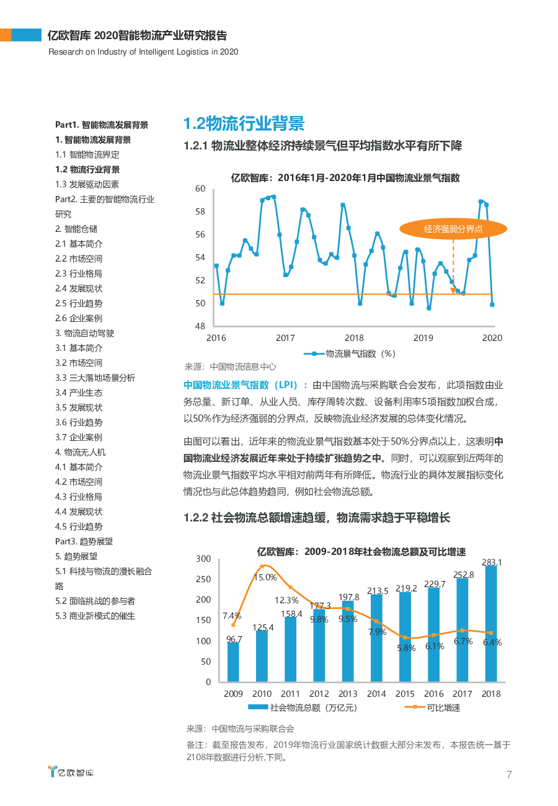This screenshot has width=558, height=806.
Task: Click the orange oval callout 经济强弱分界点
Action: coord(453,229)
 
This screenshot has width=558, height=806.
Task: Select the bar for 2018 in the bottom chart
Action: coord(491,624)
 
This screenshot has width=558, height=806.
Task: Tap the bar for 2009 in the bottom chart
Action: coord(233,662)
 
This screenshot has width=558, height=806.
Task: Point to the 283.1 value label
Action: coord(492,562)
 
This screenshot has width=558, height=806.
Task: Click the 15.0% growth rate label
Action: coord(265,577)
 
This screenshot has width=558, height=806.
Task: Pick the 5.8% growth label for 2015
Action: coord(406,648)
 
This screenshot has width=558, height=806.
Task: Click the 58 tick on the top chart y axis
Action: coord(200,211)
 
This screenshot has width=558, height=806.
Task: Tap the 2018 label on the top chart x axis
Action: coord(354,338)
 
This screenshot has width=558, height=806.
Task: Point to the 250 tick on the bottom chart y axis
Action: coord(203,579)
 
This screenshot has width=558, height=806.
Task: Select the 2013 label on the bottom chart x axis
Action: coord(348,693)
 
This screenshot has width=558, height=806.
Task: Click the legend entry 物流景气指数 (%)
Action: coord(350,353)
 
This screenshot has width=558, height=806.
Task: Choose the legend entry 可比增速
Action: coord(432,708)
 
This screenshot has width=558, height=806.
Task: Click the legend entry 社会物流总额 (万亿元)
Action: coord(303,708)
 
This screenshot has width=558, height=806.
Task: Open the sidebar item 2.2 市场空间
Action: coord(79,259)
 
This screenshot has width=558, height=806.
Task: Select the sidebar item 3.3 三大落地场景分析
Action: coord(95,378)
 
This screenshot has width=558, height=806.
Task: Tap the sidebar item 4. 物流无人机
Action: coord(80,452)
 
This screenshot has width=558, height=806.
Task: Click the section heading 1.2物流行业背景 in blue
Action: coord(244,123)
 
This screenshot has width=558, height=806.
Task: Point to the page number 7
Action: coord(509,774)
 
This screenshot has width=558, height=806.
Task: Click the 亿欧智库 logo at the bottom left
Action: coord(71,771)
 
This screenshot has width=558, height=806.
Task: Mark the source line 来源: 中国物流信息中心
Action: coord(230,366)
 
